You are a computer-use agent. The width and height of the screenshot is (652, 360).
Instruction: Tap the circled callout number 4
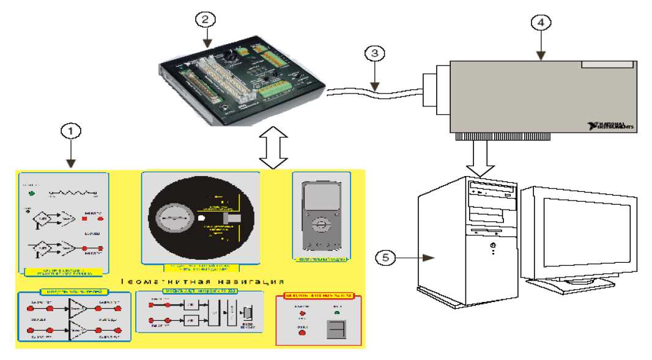540,23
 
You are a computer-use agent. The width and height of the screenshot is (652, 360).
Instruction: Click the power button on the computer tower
493,246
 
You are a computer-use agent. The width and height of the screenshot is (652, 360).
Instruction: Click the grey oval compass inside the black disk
176,218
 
